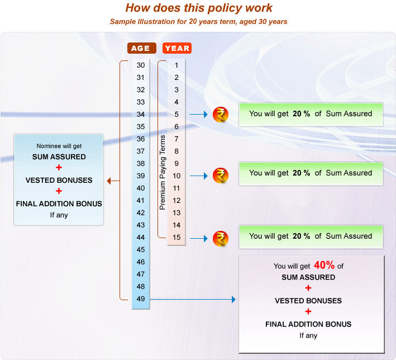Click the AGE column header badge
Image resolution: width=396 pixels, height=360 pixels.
(x=142, y=48)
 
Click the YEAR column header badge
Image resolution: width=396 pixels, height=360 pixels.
(x=177, y=48)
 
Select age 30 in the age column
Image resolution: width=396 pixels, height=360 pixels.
(x=141, y=65)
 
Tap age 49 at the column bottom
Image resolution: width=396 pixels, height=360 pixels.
(x=141, y=299)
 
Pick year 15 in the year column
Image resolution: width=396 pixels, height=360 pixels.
(x=176, y=238)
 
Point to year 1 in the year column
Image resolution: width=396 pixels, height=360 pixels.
(x=176, y=65)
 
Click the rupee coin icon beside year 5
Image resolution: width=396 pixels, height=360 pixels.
(x=221, y=115)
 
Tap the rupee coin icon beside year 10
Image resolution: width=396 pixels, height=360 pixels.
(x=221, y=176)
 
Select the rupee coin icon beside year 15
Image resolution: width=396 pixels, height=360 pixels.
(x=221, y=238)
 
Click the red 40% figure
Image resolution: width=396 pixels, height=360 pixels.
(x=325, y=265)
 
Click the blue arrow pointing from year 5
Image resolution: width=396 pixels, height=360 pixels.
(x=199, y=115)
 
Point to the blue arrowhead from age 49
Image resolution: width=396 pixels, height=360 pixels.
(x=233, y=300)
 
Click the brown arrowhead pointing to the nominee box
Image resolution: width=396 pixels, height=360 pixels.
(x=109, y=181)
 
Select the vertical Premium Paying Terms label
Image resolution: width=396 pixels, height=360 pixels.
(x=163, y=172)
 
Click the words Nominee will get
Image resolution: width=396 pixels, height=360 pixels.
(x=59, y=146)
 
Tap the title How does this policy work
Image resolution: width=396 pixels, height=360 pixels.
(x=199, y=8)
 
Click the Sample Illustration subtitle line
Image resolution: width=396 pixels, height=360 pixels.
(x=198, y=22)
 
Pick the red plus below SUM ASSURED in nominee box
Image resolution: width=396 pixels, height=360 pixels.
(x=59, y=167)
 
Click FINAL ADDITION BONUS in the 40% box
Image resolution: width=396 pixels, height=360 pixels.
(x=308, y=324)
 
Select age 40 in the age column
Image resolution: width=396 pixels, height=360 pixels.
(x=141, y=188)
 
